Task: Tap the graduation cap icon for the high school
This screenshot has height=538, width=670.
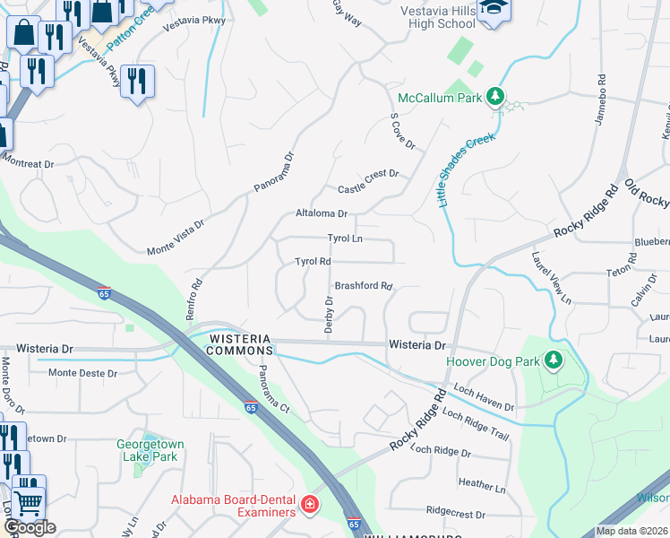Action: pos(491,10)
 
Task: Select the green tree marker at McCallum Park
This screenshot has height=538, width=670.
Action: pos(494,97)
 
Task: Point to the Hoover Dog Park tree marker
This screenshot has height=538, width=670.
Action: pos(554,360)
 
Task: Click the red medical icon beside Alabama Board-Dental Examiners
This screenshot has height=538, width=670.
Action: pos(310,506)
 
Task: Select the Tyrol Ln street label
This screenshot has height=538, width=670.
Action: pos(345,239)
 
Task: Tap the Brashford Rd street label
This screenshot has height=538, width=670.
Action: pos(364,286)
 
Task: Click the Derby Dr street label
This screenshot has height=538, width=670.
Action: pos(329,316)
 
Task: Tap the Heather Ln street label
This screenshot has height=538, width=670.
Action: pos(482,485)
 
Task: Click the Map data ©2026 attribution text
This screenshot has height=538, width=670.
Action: pos(631,531)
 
